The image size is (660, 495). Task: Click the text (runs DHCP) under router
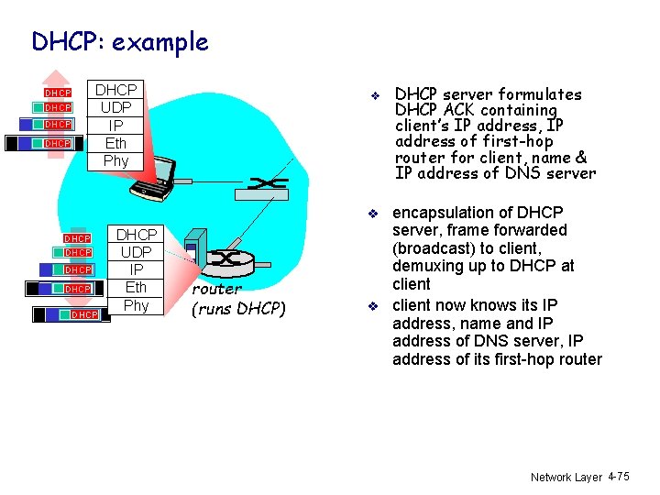click(238, 309)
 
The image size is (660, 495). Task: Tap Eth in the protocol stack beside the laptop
click(116, 143)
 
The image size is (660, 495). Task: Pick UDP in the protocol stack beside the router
click(136, 252)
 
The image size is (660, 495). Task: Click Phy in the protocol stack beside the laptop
click(116, 160)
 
